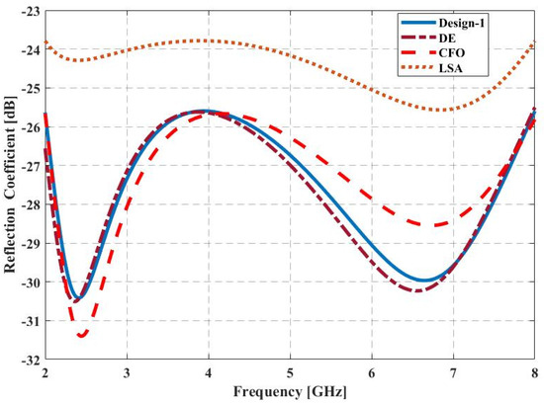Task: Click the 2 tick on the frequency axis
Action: pyautogui.click(x=45, y=373)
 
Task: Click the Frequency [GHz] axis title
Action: pyautogui.click(x=290, y=391)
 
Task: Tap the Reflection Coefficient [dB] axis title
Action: pyautogui.click(x=10, y=185)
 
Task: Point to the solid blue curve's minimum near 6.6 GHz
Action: pyautogui.click(x=423, y=281)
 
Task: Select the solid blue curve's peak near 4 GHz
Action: pyautogui.click(x=203, y=111)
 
